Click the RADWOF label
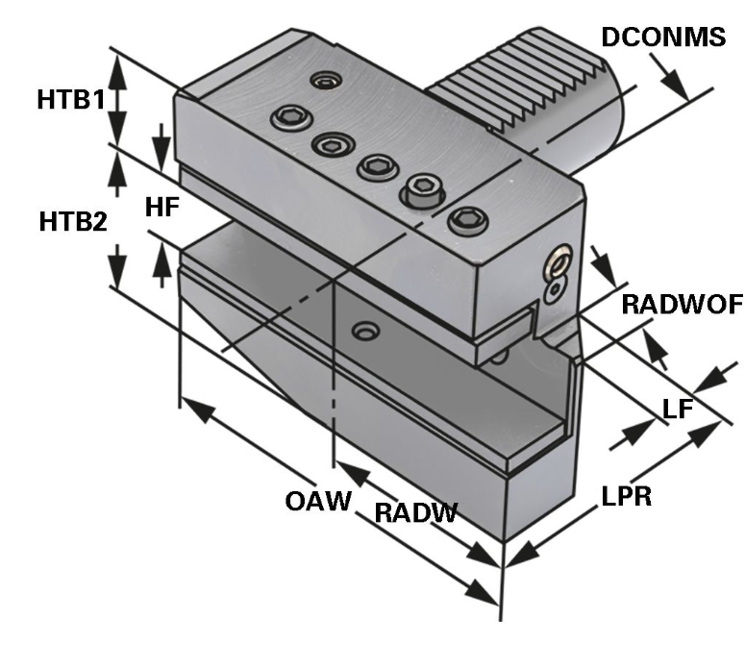(x=683, y=305)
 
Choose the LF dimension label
(x=679, y=409)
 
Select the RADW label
(x=415, y=512)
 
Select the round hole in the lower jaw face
(x=363, y=332)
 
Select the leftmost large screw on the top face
(x=287, y=119)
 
